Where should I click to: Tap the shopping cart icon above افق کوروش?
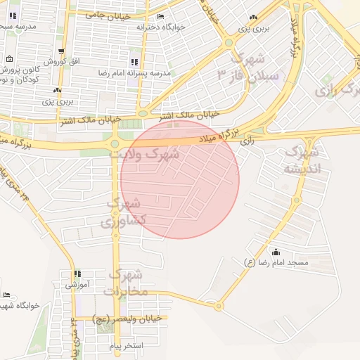tap(63, 52)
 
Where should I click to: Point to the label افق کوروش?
tap(63, 61)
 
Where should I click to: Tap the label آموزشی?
tap(77, 285)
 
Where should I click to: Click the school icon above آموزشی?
tap(77, 275)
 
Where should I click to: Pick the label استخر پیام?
tap(127, 347)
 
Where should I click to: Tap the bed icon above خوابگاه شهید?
tap(6, 295)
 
